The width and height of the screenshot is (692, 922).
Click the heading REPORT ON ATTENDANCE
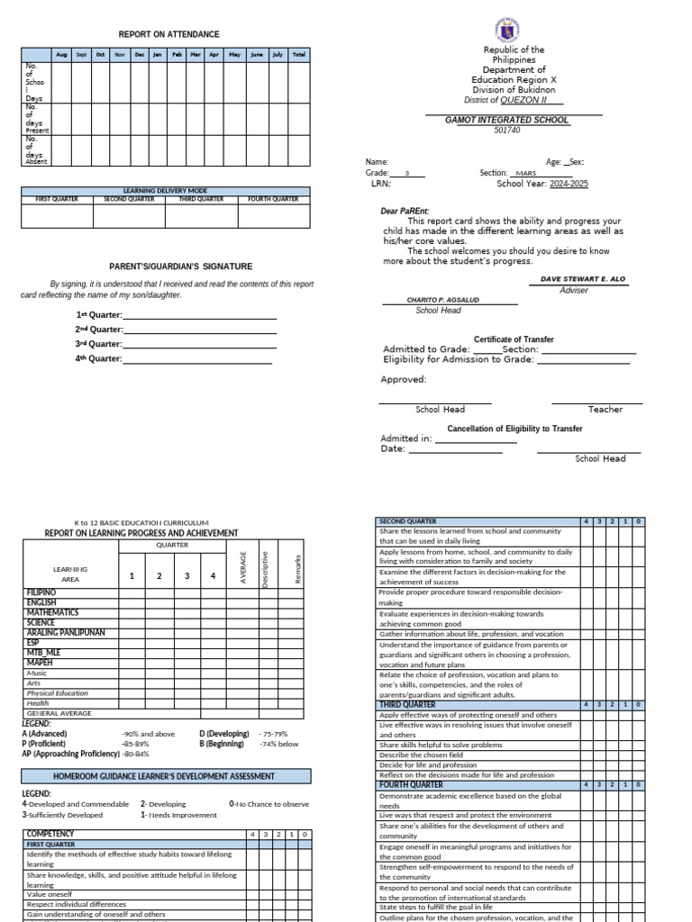point(168,34)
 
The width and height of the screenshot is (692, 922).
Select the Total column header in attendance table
point(298,54)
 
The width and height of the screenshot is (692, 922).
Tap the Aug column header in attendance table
point(61,54)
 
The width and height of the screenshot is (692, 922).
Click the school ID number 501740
point(507,131)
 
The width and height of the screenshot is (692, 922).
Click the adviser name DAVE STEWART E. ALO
point(580,280)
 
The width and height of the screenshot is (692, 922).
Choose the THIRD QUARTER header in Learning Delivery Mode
point(200,199)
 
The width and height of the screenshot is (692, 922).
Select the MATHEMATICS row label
point(52,613)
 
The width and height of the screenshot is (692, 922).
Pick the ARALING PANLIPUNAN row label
point(65,633)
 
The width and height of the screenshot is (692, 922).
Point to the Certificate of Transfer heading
point(514,339)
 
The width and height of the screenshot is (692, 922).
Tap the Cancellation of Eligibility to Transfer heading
point(514,429)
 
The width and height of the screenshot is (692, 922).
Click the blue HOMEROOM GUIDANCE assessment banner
point(167,776)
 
